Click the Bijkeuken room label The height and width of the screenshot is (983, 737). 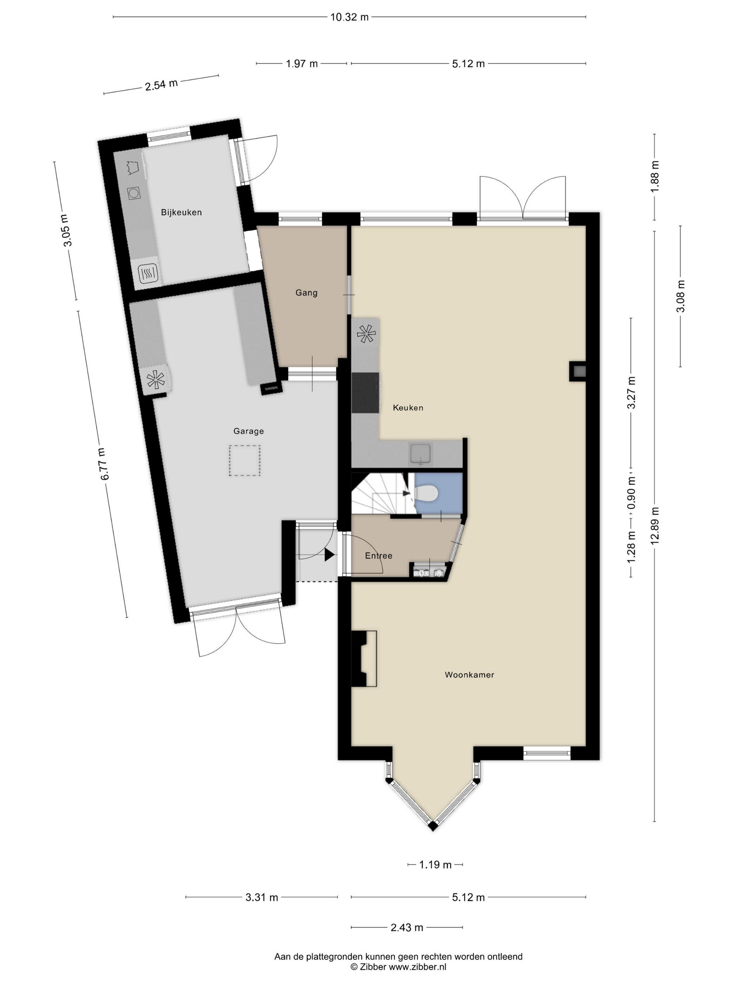coord(181,212)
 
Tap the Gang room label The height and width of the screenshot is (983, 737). coord(306,293)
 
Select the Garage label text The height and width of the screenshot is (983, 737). coord(249,431)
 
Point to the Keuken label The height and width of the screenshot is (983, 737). coord(408,408)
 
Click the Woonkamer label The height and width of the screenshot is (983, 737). coord(470,675)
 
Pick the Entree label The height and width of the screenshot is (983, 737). coord(378,555)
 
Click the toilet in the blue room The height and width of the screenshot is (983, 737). coord(427,493)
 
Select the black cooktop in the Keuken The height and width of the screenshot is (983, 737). coord(365,393)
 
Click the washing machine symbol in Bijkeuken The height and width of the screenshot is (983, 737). coord(134,192)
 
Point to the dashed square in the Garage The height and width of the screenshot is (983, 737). coord(244,461)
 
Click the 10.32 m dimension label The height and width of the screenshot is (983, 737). coord(349,17)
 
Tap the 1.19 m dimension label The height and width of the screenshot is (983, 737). coord(436,864)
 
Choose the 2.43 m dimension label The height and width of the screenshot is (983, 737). coord(407,928)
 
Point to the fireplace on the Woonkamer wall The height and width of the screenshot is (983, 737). coord(364,659)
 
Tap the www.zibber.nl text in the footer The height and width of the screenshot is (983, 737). coord(418,967)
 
